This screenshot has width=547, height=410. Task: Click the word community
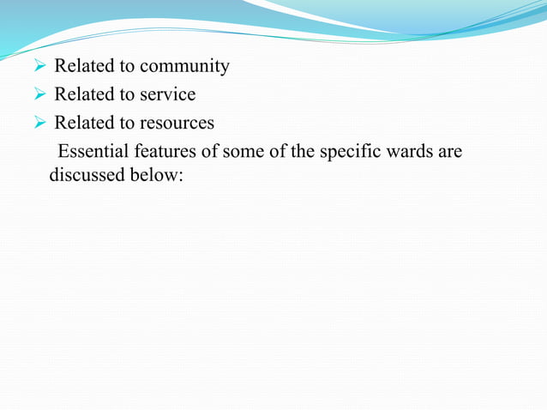tap(184, 67)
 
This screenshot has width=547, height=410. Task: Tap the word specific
tap(348, 152)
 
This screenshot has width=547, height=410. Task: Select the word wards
tap(408, 152)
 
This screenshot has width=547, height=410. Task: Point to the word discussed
tap(85, 176)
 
